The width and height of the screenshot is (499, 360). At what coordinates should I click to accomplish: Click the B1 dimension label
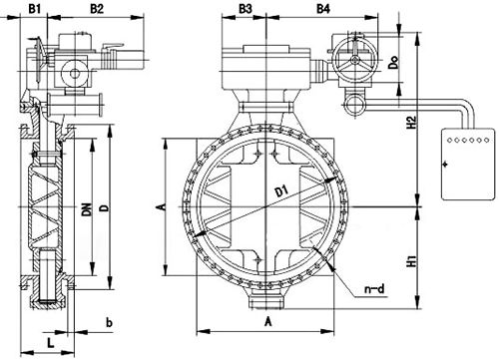(x=34, y=8)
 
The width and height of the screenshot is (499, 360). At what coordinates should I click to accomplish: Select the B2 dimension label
(x=97, y=8)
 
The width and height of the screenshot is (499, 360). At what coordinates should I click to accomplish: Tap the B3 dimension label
(x=246, y=8)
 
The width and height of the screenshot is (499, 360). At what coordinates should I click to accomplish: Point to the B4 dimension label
(x=323, y=8)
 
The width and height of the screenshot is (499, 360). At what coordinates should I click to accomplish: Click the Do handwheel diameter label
(x=393, y=62)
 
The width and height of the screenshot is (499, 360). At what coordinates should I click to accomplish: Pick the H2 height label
(x=412, y=122)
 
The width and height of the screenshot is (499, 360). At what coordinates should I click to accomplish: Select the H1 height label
(x=412, y=261)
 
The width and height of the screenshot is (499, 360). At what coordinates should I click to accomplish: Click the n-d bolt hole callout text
(x=374, y=288)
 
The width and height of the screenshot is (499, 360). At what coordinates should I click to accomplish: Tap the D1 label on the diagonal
(x=281, y=191)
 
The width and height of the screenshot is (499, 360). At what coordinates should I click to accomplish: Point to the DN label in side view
(x=88, y=208)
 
